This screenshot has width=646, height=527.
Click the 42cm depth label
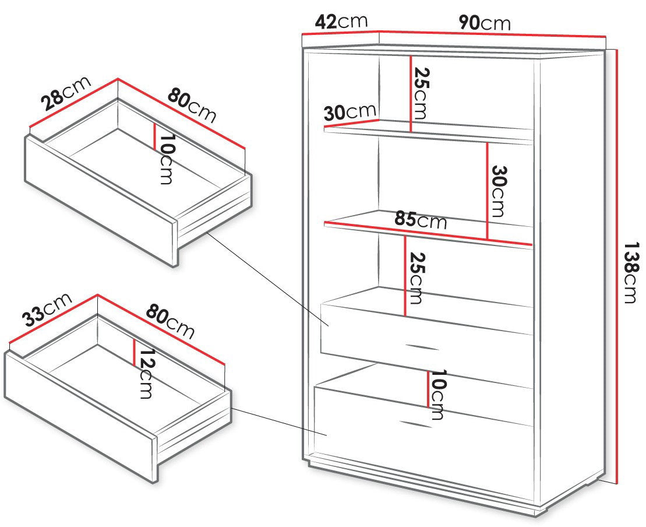coord(341,22)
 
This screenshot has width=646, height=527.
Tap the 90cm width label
coord(485,23)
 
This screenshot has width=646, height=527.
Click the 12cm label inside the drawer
coord(146,374)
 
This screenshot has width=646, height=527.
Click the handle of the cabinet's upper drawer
coord(423,347)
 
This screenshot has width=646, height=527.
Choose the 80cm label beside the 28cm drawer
coord(192,106)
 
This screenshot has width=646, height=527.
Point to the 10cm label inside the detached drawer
coord(165,159)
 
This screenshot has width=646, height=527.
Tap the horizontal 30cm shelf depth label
coord(350,112)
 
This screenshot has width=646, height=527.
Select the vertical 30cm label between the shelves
coord(497,191)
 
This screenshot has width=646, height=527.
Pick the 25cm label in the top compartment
coord(422,94)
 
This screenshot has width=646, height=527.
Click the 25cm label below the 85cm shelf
coord(416,278)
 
